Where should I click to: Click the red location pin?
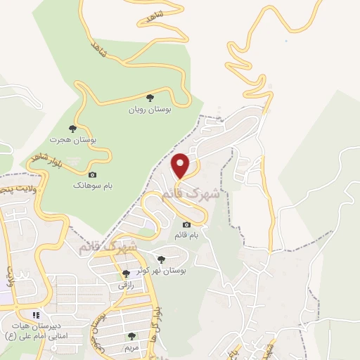coord(181,165)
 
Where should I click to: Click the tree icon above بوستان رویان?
coord(149,98)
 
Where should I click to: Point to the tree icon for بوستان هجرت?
coord(72,128)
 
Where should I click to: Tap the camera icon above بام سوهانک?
coord(92,174)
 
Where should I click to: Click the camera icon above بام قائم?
coord(186,225)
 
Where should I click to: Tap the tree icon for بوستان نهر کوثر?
coord(162,259)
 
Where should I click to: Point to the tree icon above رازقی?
coord(125,274)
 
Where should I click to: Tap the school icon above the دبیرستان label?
coord(35,314)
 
